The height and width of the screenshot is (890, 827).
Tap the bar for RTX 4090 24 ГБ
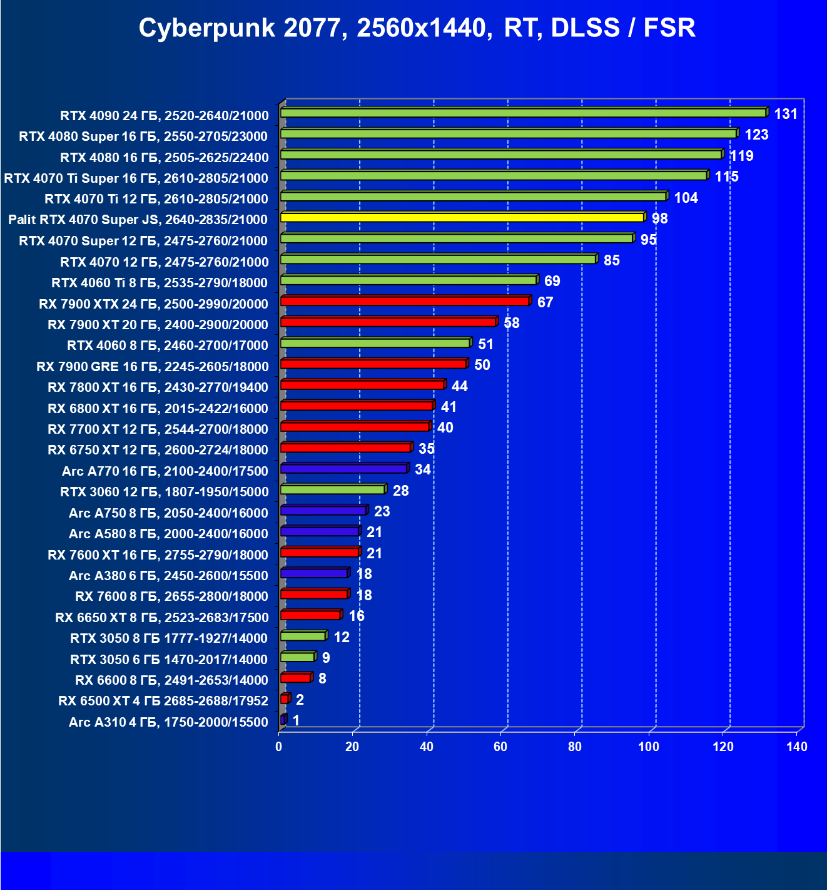pyautogui.click(x=523, y=113)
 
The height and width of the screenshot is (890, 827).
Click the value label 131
pyautogui.click(x=786, y=114)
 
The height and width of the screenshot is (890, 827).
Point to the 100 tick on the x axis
pyautogui.click(x=649, y=747)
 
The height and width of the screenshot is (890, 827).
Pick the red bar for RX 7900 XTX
pyautogui.click(x=405, y=301)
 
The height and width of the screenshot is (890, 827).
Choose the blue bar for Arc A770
pyautogui.click(x=344, y=468)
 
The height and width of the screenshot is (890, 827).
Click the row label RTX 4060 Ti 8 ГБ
pyautogui.click(x=160, y=283)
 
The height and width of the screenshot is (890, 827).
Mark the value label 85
pyautogui.click(x=611, y=260)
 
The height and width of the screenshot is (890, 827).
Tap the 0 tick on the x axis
pyautogui.click(x=279, y=747)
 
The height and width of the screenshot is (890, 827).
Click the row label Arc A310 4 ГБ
pyautogui.click(x=168, y=722)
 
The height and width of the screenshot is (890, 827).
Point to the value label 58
pyautogui.click(x=511, y=323)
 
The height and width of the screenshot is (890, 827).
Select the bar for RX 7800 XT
pyautogui.click(x=362, y=384)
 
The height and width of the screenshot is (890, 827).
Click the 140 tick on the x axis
pyautogui.click(x=797, y=747)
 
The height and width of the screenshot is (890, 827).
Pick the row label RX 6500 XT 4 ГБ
pyautogui.click(x=163, y=701)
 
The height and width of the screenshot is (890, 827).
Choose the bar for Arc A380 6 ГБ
pyautogui.click(x=314, y=573)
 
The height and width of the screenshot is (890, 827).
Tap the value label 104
pyautogui.click(x=686, y=198)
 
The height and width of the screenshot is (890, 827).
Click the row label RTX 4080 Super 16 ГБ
pyautogui.click(x=143, y=136)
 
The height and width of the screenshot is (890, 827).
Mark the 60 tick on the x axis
pyautogui.click(x=500, y=747)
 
